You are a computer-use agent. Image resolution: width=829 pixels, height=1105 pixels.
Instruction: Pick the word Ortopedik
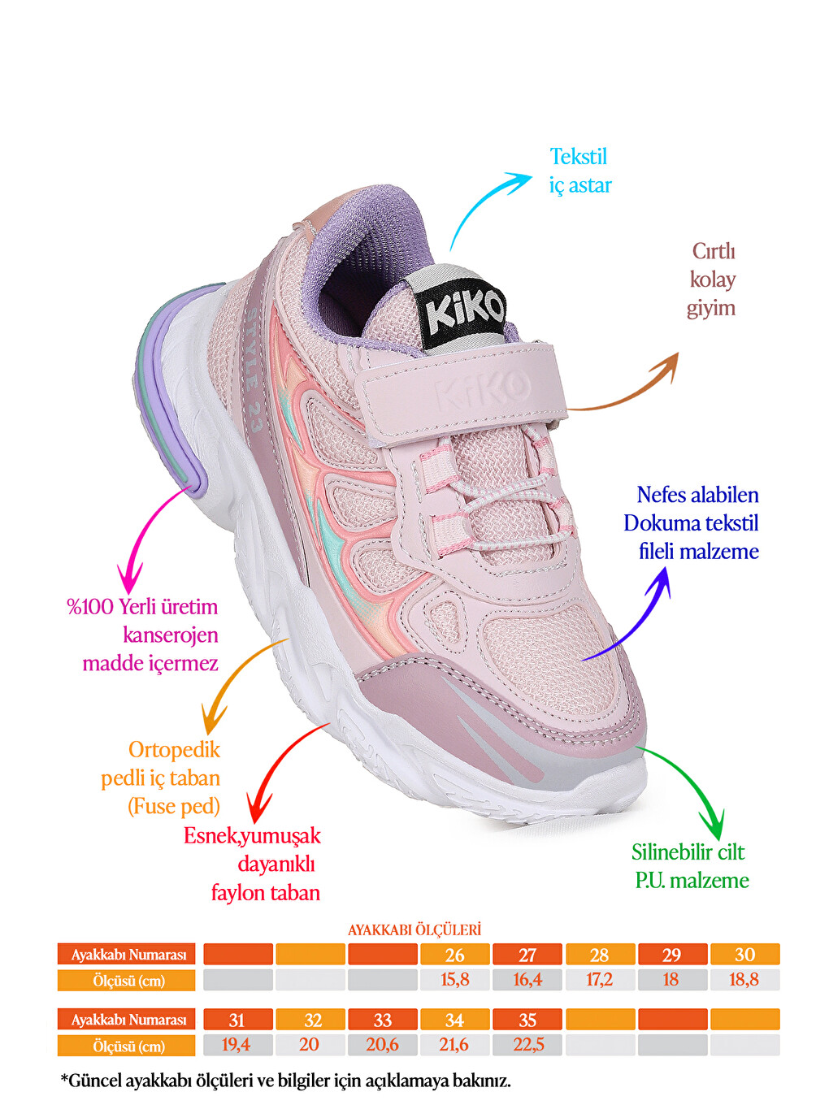click(x=174, y=750)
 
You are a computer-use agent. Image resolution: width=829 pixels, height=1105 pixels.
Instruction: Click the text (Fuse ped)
click(x=174, y=806)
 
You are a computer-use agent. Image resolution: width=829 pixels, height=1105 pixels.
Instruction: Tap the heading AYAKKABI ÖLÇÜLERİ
click(x=414, y=930)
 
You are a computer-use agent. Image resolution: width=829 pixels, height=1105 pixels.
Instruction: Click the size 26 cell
click(x=454, y=955)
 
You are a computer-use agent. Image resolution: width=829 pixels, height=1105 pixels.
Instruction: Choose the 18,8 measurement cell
click(x=744, y=980)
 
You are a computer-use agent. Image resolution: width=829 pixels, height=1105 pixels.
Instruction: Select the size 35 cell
click(x=527, y=1020)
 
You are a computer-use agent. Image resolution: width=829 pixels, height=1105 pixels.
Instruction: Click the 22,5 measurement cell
click(x=527, y=1045)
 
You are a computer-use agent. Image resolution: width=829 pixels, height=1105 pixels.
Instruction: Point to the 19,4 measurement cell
click(x=237, y=1045)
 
